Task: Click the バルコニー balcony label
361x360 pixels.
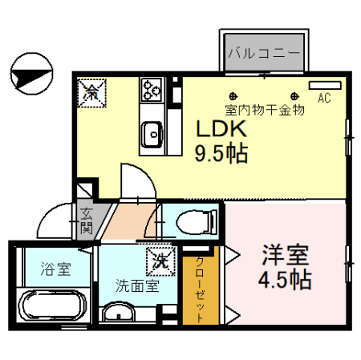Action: click(x=263, y=54)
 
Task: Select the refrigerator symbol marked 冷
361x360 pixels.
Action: click(x=91, y=91)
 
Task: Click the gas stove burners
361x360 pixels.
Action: click(x=151, y=90)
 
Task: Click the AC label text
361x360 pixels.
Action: click(x=324, y=99)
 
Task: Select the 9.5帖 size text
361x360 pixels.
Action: click(x=221, y=152)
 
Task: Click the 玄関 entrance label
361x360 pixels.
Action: click(x=86, y=221)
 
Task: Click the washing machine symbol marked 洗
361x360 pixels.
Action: click(x=158, y=261)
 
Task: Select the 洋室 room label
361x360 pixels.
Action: click(x=286, y=257)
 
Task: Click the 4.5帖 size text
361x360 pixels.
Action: click(x=286, y=281)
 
